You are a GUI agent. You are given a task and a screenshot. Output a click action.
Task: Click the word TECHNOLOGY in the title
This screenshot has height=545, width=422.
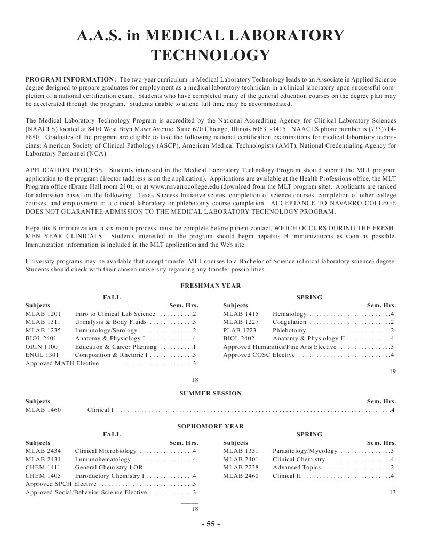pos(211,55)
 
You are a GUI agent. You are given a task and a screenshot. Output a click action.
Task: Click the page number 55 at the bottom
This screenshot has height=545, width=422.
pos(211,524)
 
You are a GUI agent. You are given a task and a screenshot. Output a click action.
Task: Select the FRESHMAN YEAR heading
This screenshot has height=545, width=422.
pos(211,286)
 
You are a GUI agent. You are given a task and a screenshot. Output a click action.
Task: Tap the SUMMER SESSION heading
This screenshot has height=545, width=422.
pos(211,393)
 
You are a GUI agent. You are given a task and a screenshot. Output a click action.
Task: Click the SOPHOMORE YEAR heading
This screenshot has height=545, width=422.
pos(211,426)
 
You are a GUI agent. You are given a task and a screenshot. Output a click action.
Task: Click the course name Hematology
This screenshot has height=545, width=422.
pos(290,314)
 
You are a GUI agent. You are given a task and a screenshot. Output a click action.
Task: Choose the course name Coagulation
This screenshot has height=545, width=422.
pos(290,322)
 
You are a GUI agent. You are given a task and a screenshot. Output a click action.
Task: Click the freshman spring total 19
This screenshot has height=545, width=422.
pos(393,372)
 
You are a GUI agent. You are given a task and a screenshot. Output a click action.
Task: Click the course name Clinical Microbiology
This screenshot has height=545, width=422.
pos(106,451)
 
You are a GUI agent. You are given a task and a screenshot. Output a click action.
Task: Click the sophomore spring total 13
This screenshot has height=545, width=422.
pos(393,493)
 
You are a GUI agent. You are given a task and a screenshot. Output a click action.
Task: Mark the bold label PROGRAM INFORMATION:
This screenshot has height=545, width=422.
pos(71,79)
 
